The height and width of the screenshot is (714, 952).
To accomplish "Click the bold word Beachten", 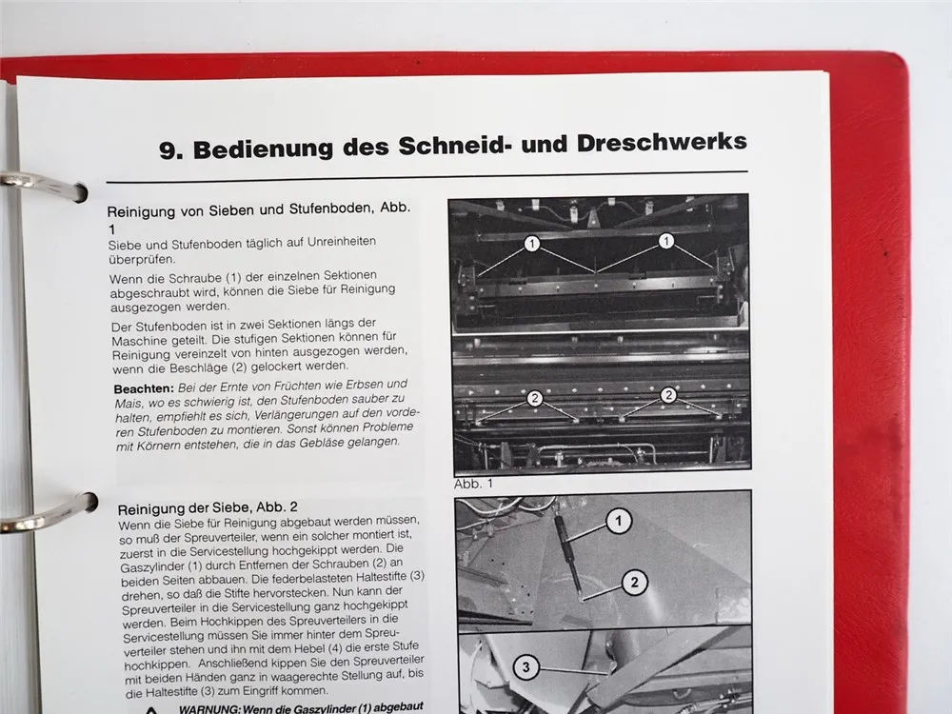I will tap(139, 387).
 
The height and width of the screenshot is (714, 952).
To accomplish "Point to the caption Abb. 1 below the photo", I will tap(474, 483).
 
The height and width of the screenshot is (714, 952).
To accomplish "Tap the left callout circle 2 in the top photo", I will tap(535, 399).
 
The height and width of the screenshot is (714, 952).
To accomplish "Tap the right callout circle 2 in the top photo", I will tap(668, 394).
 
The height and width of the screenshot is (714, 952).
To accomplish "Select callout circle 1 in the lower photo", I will tap(619, 520).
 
